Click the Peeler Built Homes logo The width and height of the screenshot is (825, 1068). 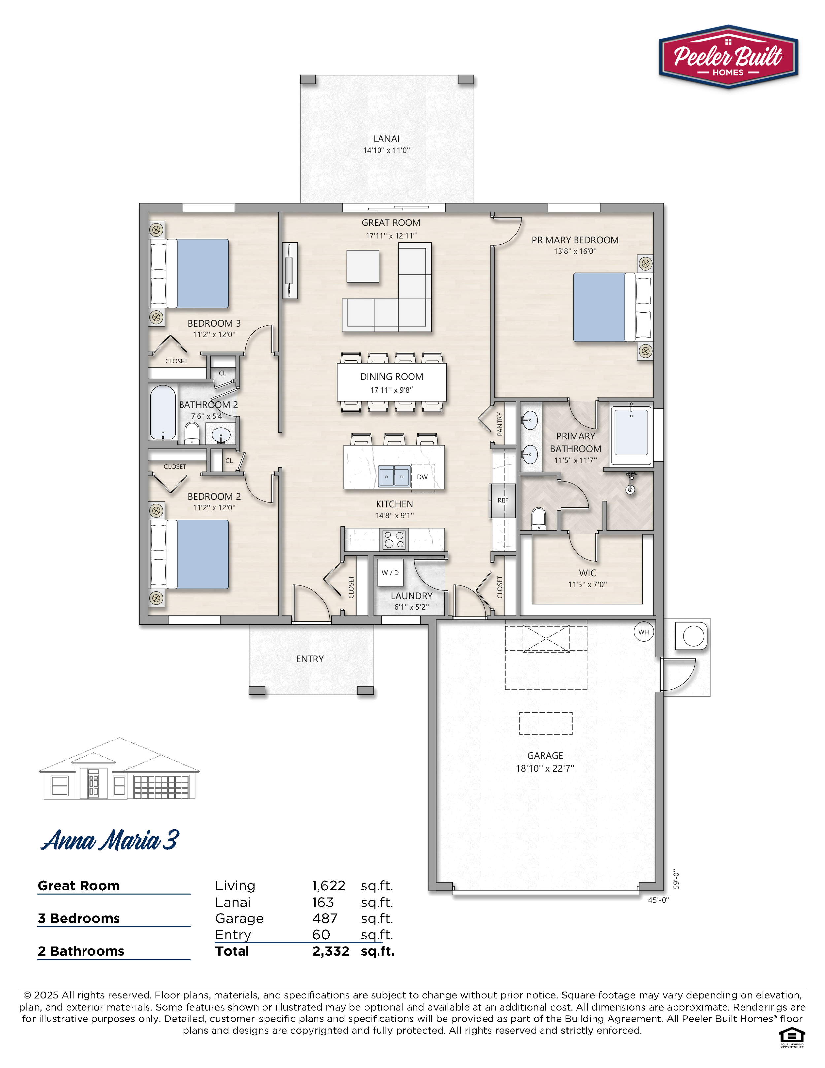click(x=728, y=57)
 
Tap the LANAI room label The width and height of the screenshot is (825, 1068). click(x=386, y=139)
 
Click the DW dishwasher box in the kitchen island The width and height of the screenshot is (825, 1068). click(x=423, y=477)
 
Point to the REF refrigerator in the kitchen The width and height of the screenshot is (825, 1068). click(x=503, y=500)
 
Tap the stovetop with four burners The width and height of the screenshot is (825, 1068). click(x=394, y=540)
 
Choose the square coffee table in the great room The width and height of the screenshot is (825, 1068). click(x=363, y=266)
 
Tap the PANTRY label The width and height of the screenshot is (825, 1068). click(x=500, y=424)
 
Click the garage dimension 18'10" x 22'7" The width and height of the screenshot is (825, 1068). click(x=545, y=768)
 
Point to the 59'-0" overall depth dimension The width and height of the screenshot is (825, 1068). click(x=676, y=879)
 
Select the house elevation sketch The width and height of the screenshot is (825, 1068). click(x=119, y=769)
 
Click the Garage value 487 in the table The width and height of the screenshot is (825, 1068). click(x=325, y=918)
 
